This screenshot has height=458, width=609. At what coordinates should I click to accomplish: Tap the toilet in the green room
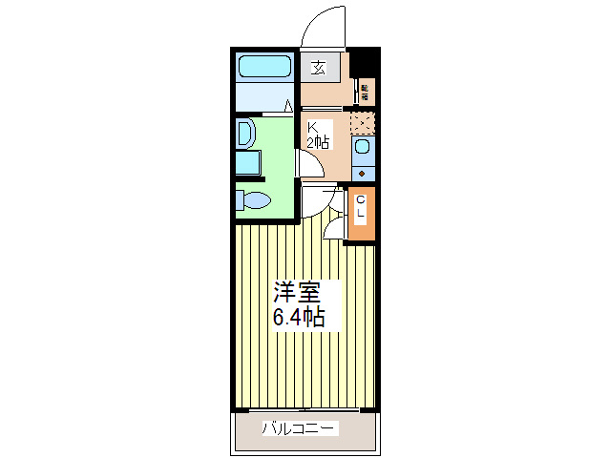255,200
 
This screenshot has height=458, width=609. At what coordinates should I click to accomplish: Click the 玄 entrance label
317,68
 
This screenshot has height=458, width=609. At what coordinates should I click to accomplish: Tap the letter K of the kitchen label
312,127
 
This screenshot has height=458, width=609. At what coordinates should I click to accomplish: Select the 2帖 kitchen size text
318,143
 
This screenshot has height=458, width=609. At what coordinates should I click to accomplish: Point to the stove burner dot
362,173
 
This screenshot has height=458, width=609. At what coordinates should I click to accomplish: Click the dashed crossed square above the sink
362,123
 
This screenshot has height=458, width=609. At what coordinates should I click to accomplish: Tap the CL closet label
361,208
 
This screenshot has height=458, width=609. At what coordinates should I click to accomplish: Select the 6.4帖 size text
299,318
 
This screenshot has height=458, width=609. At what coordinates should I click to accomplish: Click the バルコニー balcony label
300,429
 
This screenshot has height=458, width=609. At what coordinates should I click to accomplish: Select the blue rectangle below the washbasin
248,162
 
